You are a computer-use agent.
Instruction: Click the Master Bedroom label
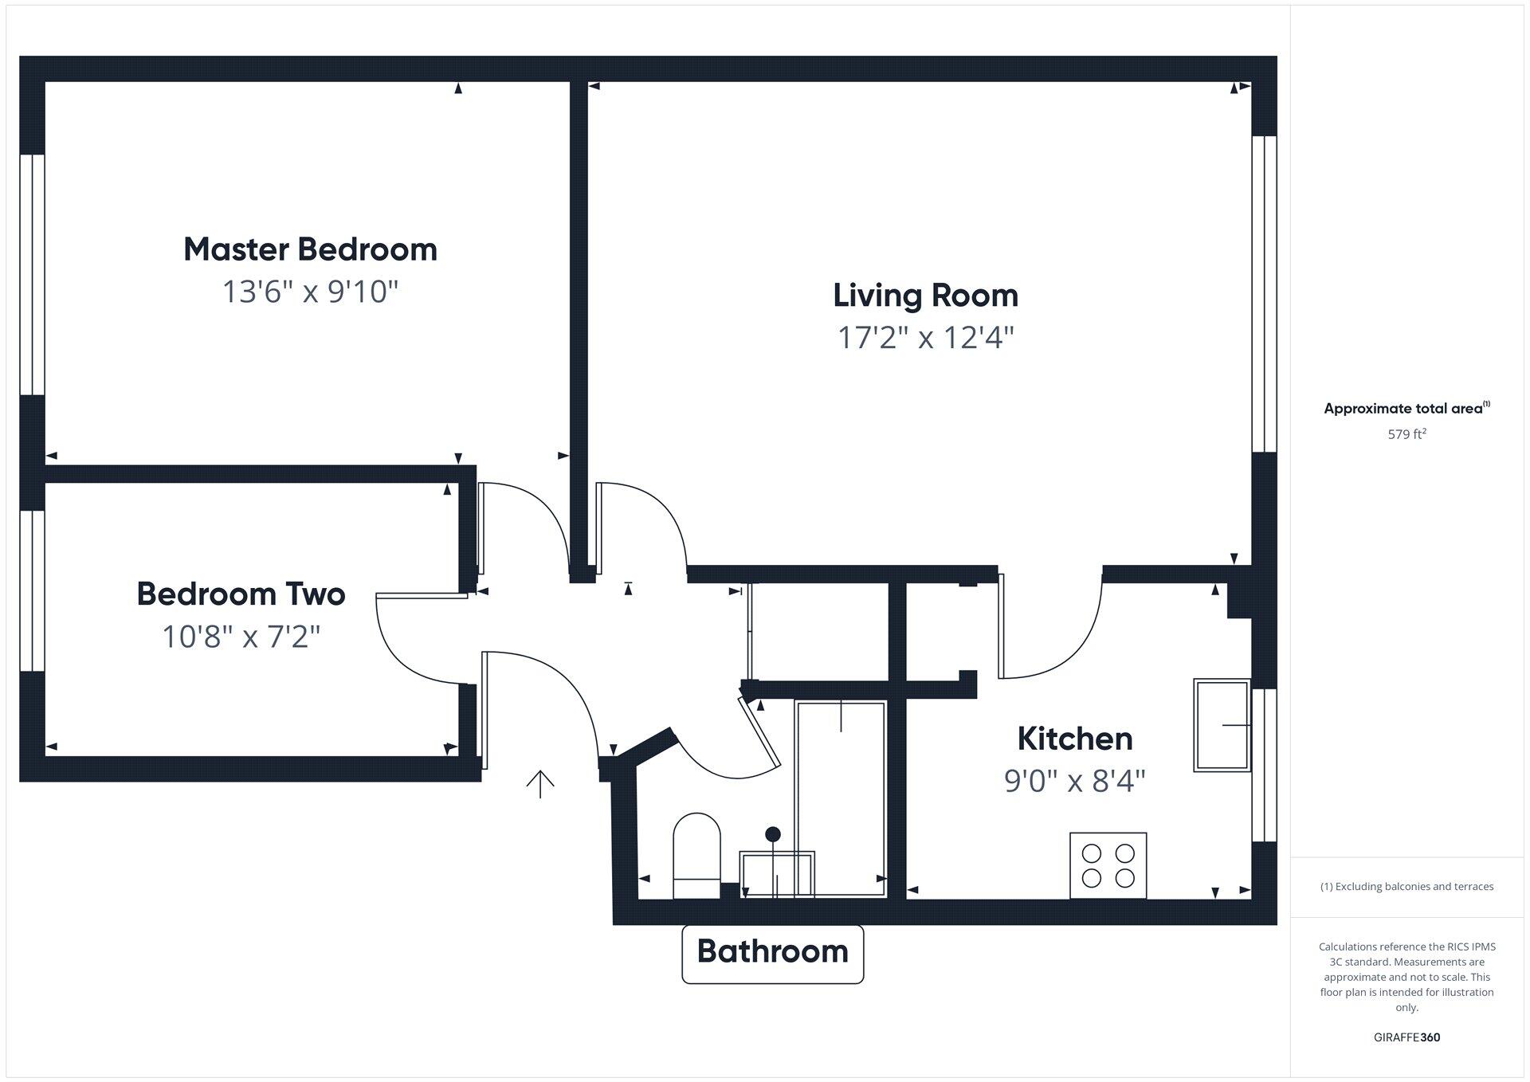click(x=310, y=249)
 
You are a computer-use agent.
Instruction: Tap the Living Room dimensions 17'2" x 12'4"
click(x=925, y=338)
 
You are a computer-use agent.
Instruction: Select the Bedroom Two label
click(x=241, y=594)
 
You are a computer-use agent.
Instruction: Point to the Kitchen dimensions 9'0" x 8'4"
click(x=1074, y=781)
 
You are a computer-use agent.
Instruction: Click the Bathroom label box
click(x=772, y=953)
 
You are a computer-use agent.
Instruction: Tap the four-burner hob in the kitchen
click(x=1108, y=865)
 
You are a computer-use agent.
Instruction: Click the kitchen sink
click(x=1221, y=725)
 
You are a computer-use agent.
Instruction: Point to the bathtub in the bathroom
click(x=841, y=797)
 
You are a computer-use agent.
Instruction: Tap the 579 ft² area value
click(x=1406, y=434)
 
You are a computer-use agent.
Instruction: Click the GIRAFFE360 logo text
click(x=1406, y=1037)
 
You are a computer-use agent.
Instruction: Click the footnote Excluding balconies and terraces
click(x=1406, y=887)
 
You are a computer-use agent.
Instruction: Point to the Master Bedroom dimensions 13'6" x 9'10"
click(x=310, y=292)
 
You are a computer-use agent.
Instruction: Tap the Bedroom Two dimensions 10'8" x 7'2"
click(x=241, y=637)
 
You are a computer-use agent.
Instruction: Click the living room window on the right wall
click(x=1264, y=294)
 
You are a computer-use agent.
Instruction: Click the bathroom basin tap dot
click(x=773, y=834)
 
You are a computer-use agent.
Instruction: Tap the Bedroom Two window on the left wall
click(x=32, y=590)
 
